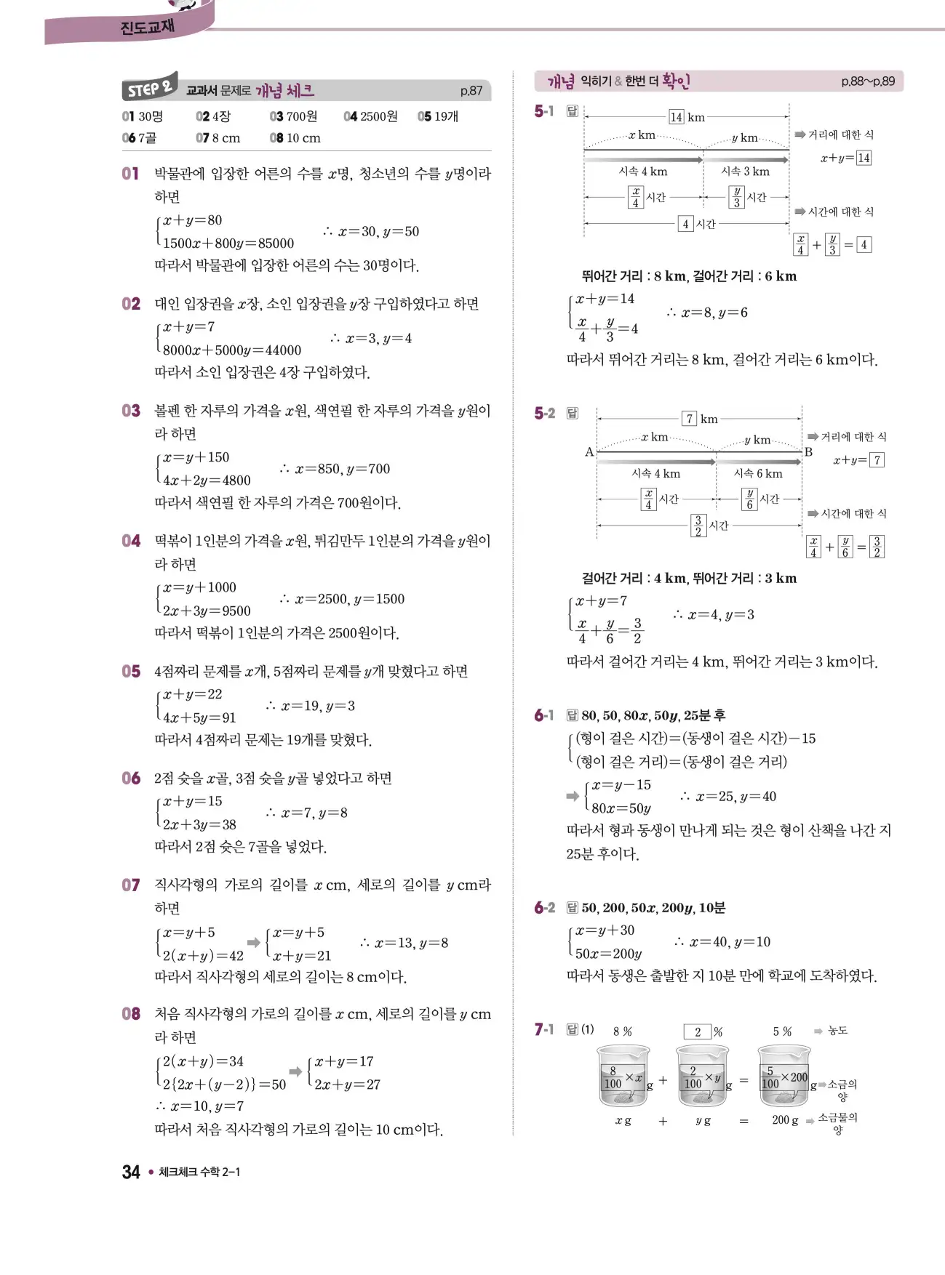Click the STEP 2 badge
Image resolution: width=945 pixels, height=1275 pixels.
tap(149, 88)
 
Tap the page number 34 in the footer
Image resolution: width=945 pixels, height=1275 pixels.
tap(131, 1172)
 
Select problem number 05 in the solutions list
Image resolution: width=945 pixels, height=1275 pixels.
tap(131, 671)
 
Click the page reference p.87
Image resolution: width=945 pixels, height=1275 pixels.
tap(471, 91)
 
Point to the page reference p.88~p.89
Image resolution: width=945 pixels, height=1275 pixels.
tap(868, 81)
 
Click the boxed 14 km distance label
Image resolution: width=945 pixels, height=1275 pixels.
tap(687, 117)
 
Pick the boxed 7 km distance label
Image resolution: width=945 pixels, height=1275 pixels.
tap(700, 419)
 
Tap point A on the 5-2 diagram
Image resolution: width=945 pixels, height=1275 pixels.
tap(589, 452)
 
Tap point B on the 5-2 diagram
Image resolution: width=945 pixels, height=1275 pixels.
tap(808, 452)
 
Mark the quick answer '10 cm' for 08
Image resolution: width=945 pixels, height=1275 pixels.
tap(303, 138)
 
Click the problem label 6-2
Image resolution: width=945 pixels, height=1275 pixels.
tap(544, 907)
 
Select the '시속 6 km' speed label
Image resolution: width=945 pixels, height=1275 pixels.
tap(758, 474)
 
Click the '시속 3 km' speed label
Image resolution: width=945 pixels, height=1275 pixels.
tap(745, 172)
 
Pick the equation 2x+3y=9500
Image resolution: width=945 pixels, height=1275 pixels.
tap(207, 611)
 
